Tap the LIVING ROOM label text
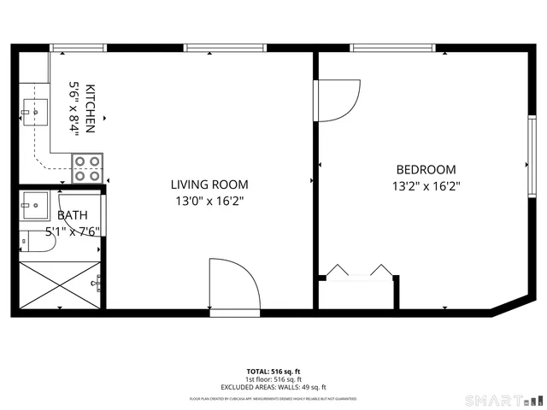pyautogui.click(x=209, y=184)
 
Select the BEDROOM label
pyautogui.click(x=426, y=169)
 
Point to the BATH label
pyautogui.click(x=73, y=216)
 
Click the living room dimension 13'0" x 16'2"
pyautogui.click(x=209, y=202)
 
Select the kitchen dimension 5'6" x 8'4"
pyautogui.click(x=74, y=110)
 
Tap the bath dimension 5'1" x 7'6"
pyautogui.click(x=73, y=231)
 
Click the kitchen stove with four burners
pyautogui.click(x=86, y=167)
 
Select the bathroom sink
pyautogui.click(x=35, y=203)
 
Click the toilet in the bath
pyautogui.click(x=38, y=243)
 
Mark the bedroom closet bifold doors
pyautogui.click(x=356, y=271)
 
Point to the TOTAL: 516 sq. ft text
pyautogui.click(x=273, y=372)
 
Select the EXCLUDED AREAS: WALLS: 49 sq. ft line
pyautogui.click(x=273, y=387)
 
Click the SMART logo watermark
pyautogui.click(x=503, y=400)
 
